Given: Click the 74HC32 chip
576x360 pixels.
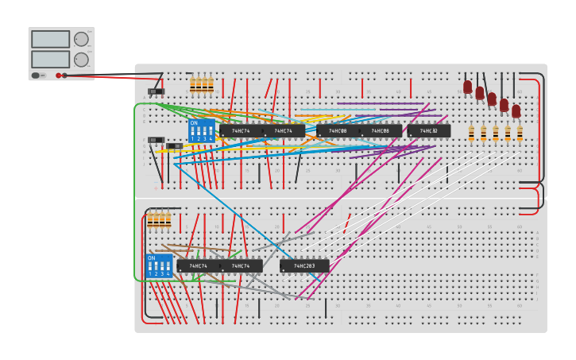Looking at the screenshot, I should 429,131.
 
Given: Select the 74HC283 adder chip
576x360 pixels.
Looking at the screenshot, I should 304,266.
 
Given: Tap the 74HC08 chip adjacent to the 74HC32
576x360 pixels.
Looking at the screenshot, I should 381,131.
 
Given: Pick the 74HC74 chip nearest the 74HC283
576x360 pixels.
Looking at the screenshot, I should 241,266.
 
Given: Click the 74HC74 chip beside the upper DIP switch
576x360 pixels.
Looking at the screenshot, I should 241,131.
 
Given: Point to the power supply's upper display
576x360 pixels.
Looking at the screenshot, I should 50,39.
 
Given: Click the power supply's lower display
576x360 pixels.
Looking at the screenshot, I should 50,59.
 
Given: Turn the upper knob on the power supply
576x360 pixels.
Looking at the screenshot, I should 81,39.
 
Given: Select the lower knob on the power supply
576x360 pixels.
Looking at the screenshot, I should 81,60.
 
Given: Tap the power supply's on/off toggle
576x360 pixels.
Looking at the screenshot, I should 37,75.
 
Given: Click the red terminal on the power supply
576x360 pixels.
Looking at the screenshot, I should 59,75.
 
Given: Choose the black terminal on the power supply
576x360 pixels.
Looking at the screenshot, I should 65,75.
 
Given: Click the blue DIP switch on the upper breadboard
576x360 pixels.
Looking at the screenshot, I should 201,131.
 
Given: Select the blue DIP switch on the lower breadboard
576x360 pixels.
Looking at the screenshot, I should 159,265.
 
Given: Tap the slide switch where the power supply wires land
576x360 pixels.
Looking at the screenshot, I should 156,91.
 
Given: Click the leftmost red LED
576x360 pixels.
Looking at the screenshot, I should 468,87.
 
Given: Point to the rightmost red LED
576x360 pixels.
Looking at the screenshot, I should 516,110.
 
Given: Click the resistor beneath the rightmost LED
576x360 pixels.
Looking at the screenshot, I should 520,133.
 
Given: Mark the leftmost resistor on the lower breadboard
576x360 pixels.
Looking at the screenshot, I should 149,220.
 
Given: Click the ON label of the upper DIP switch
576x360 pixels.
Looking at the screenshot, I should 194,123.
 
